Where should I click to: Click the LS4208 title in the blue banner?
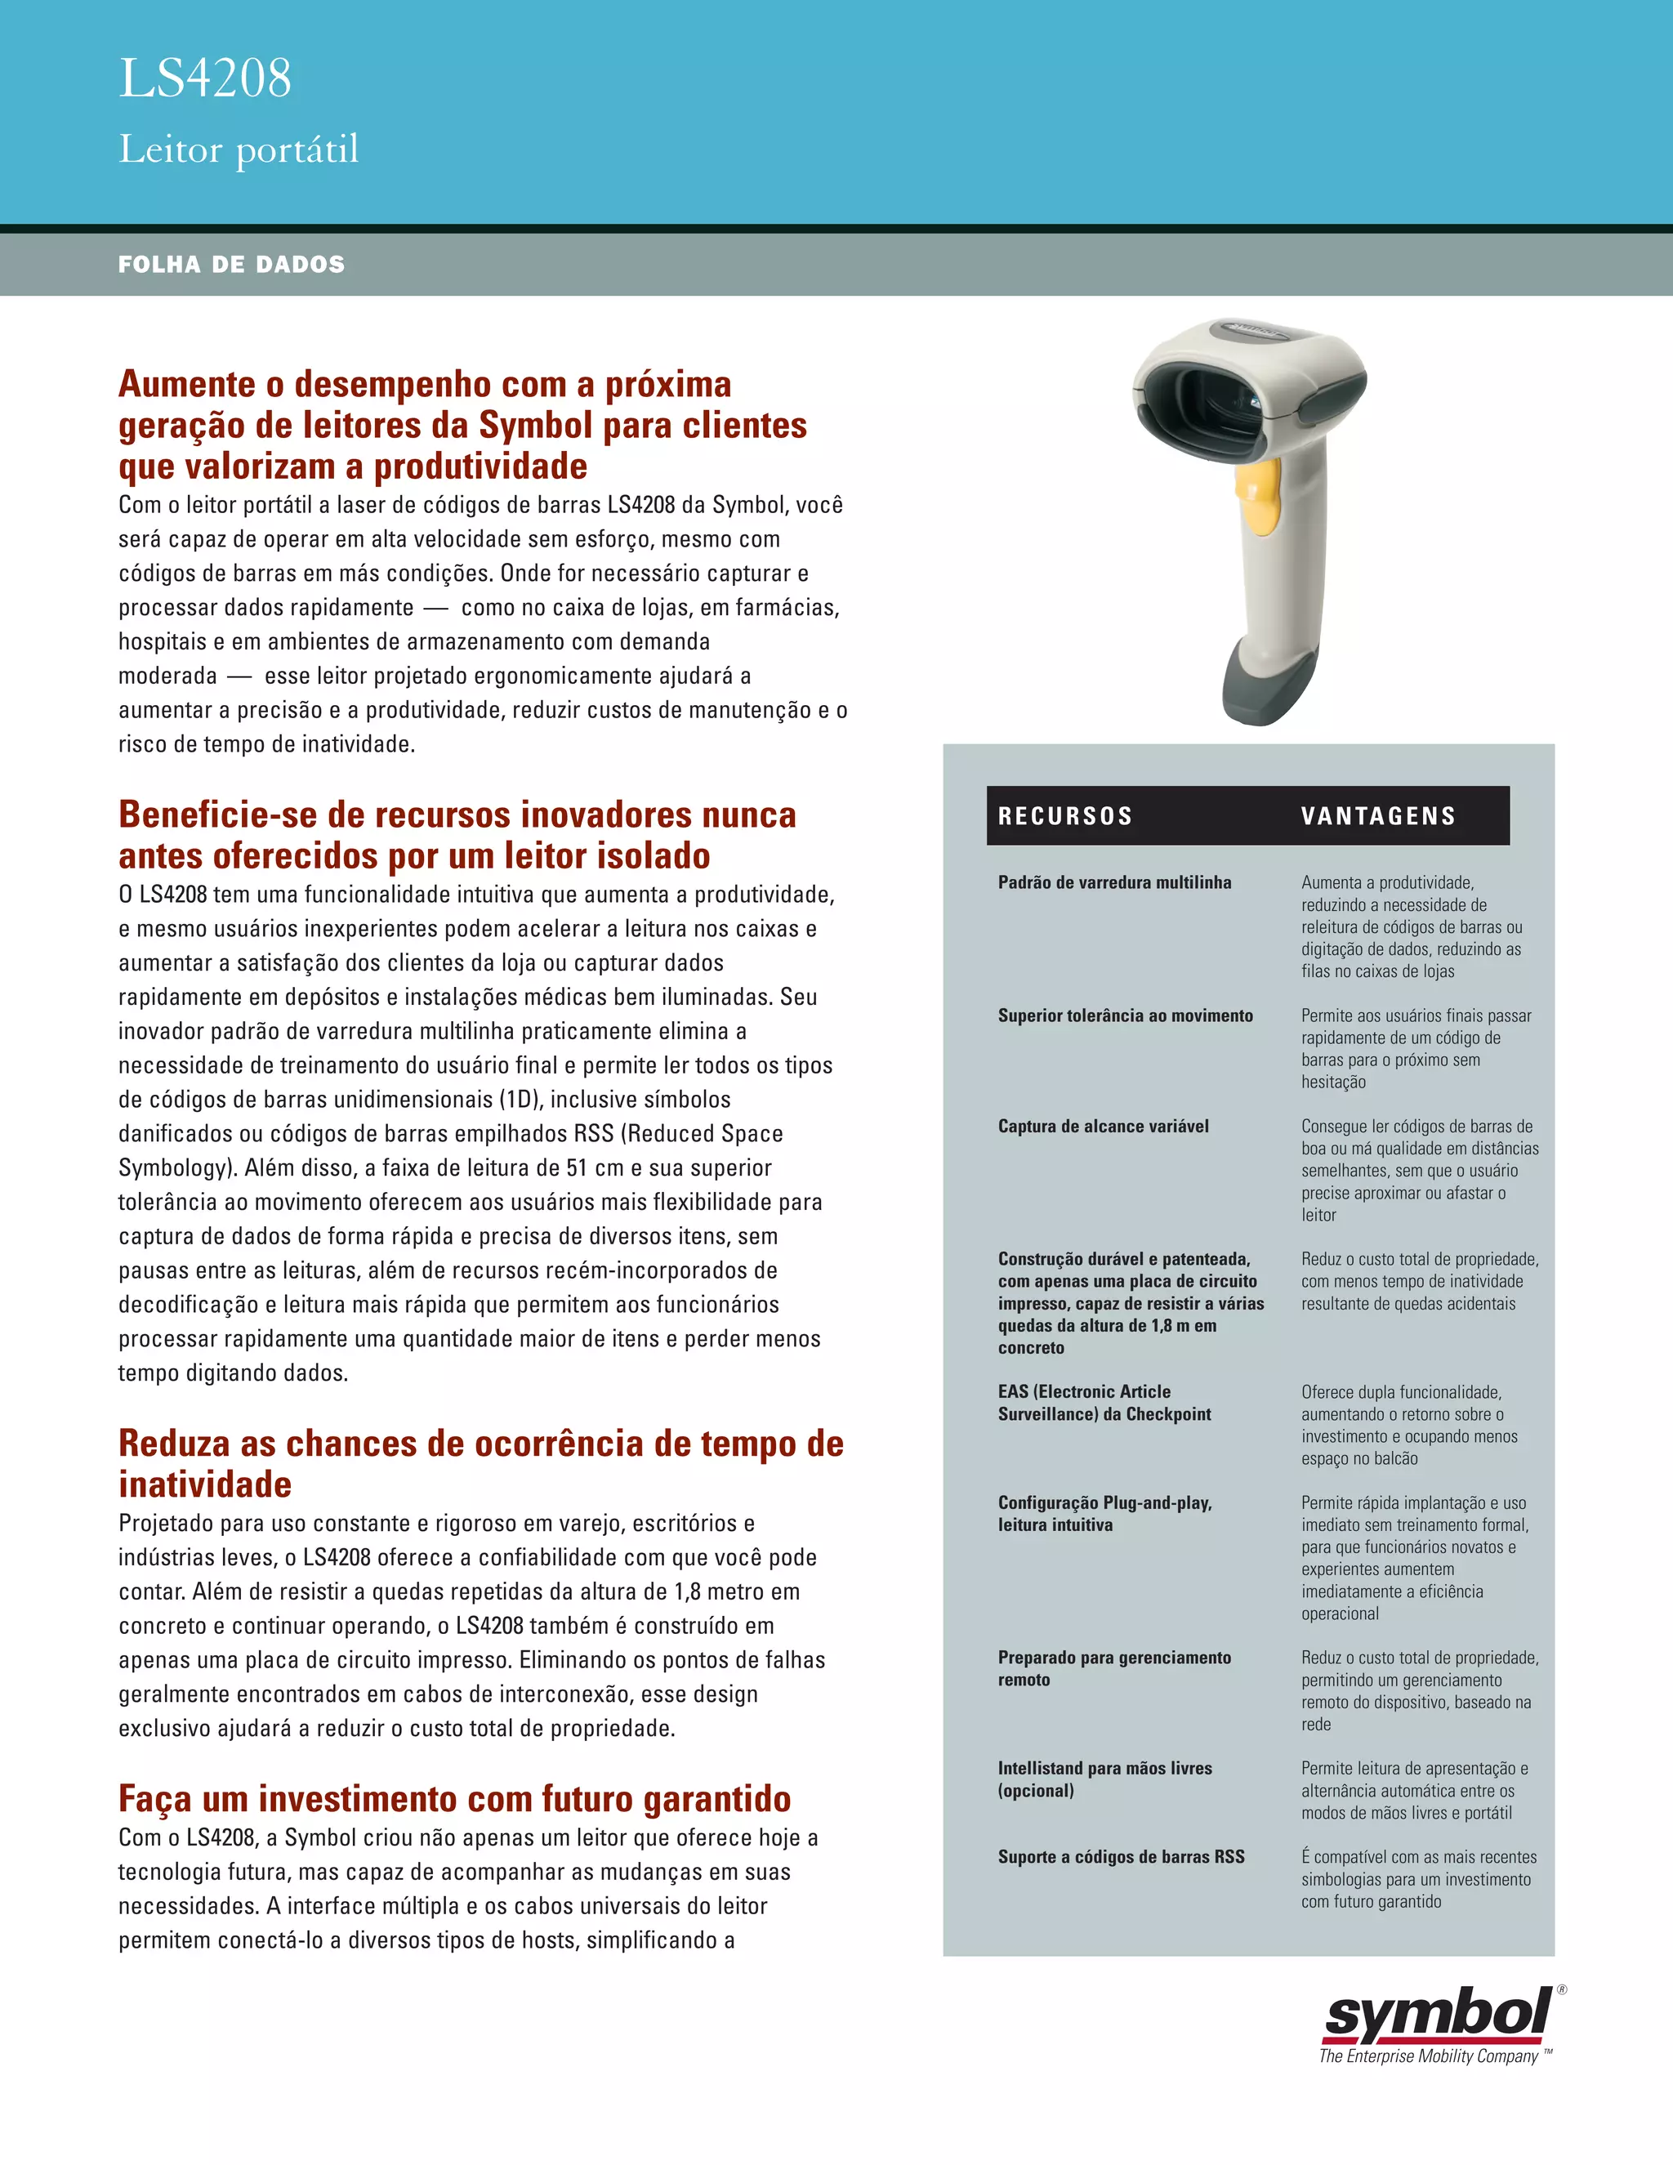(205, 78)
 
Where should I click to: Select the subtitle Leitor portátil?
(239, 150)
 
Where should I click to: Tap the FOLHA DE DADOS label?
(232, 265)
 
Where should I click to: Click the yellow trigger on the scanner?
(1256, 500)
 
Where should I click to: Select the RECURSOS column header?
(1065, 816)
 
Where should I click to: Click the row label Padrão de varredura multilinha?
(1115, 882)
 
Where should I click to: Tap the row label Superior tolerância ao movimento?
(1126, 1015)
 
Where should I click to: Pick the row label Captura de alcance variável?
(1103, 1126)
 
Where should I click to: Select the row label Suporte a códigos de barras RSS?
(1121, 1857)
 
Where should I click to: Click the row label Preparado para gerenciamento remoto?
(1114, 1668)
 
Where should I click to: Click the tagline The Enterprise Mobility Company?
(1428, 2057)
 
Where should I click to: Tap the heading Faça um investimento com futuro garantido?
(455, 1798)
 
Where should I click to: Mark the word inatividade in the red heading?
(205, 1484)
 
